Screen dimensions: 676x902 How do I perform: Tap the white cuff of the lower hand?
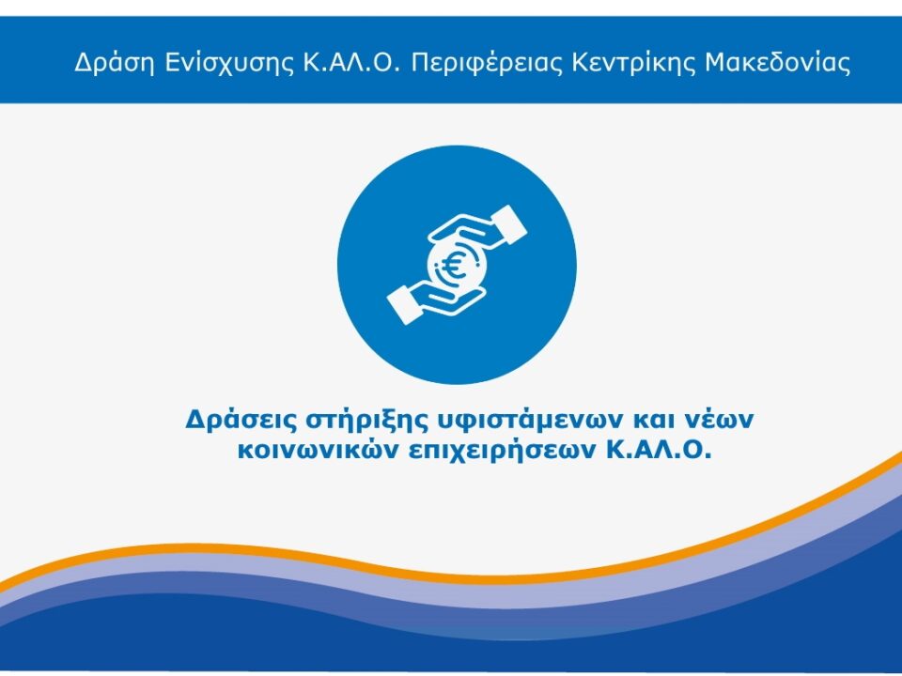coord(403,304)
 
